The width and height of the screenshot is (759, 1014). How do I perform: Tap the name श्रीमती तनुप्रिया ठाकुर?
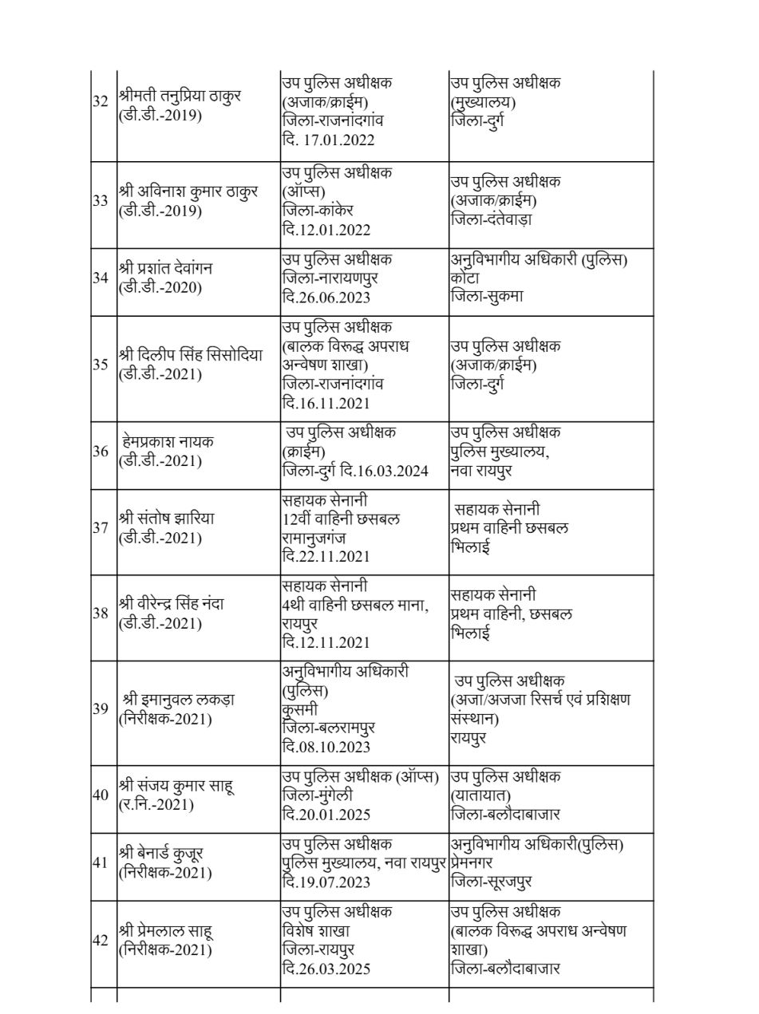tap(180, 96)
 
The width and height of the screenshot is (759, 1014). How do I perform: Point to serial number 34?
tap(101, 278)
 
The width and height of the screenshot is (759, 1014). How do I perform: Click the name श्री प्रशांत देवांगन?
tap(167, 269)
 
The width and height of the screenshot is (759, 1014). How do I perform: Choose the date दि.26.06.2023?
tap(326, 298)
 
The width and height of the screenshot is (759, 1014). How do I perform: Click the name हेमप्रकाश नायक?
tap(168, 441)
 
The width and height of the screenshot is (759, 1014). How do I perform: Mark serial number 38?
tap(101, 614)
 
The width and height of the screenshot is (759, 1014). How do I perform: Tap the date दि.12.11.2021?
tap(326, 642)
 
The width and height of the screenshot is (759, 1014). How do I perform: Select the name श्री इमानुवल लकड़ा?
tap(178, 700)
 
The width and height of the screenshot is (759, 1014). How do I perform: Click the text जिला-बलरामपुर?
tap(329, 728)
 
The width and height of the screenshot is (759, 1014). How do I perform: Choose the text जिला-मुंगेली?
tap(318, 795)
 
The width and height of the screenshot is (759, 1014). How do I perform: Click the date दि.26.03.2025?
tap(326, 969)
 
